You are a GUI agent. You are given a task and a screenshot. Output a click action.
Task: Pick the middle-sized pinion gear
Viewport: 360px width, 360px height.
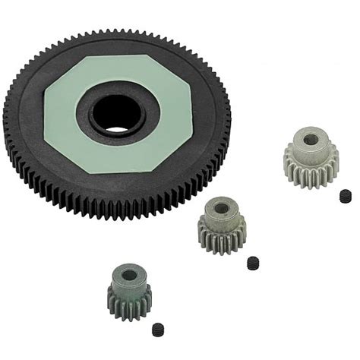[x=223, y=225]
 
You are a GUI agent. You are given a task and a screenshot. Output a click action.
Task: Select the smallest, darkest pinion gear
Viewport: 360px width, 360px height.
[x=128, y=289]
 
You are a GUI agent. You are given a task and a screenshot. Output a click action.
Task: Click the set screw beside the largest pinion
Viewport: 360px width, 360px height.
[x=346, y=195]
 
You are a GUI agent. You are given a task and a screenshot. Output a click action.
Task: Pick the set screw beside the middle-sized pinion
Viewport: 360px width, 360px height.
[x=253, y=263]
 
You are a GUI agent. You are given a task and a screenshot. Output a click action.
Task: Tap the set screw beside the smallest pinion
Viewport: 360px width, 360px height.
[x=159, y=330]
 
